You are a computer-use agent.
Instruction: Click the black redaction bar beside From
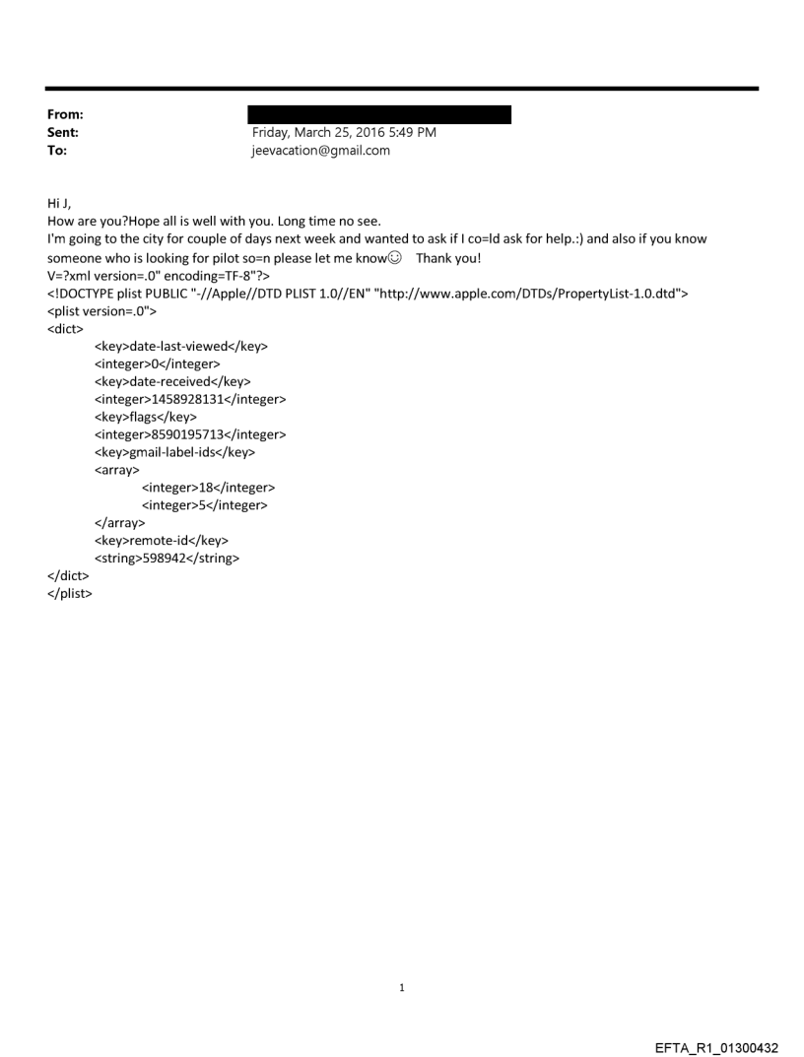[379, 115]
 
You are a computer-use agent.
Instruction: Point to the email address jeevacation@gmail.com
[321, 150]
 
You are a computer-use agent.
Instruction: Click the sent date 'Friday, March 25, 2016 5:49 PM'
[345, 132]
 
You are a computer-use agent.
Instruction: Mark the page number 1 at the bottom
[402, 987]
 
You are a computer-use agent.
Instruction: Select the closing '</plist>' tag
[70, 594]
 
